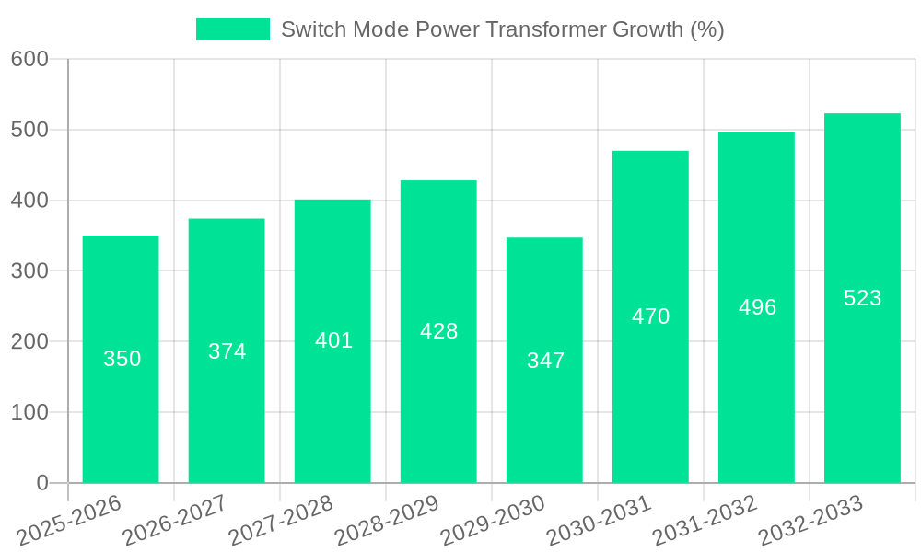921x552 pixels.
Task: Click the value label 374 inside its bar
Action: (x=227, y=351)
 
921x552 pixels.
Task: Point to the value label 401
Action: (x=333, y=340)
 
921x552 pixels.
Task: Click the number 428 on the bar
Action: (x=438, y=331)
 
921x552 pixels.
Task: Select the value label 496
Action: (x=757, y=307)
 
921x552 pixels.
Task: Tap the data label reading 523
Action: (x=862, y=298)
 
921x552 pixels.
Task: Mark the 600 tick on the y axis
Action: (x=29, y=59)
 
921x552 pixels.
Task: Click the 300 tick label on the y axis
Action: (x=29, y=271)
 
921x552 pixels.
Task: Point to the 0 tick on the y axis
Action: (x=42, y=483)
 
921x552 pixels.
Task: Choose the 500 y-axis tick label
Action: (x=29, y=130)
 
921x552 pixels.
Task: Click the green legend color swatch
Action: (x=233, y=29)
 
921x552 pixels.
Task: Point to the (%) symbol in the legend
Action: (x=707, y=29)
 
